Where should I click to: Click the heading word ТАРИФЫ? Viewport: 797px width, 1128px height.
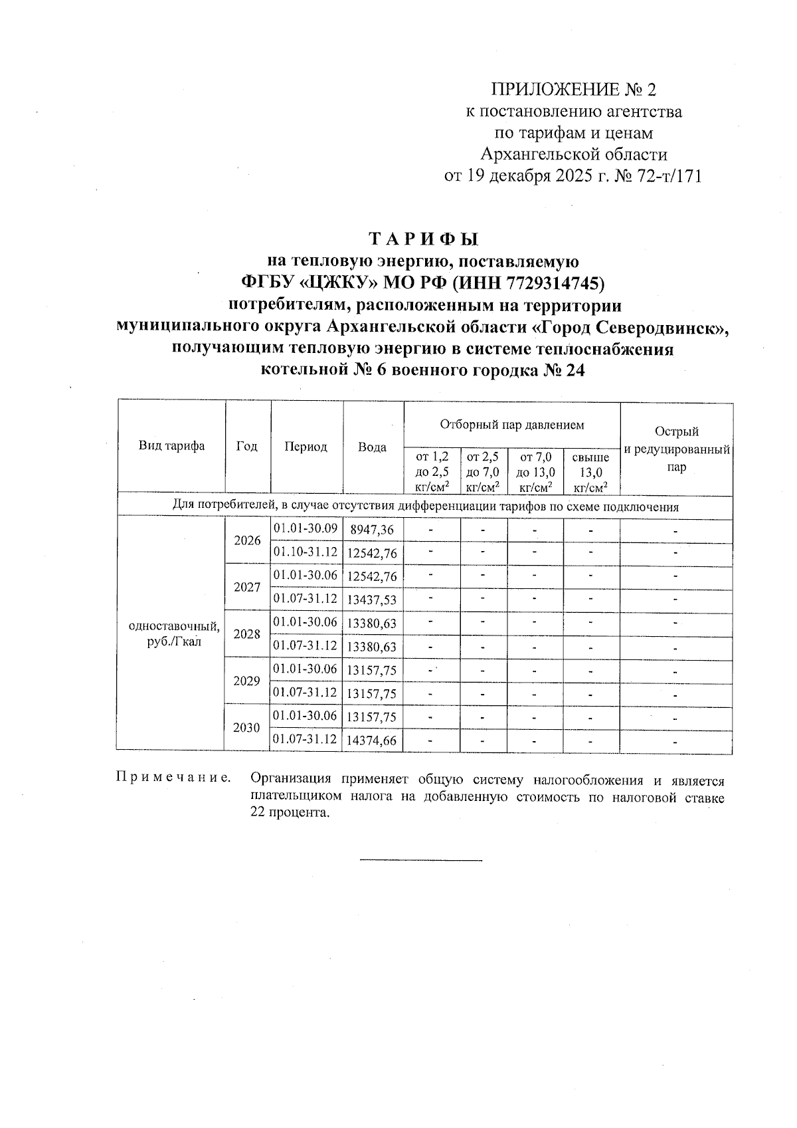pyautogui.click(x=423, y=239)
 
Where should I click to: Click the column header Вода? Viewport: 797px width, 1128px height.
pyautogui.click(x=372, y=447)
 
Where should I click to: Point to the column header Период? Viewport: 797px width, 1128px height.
pyautogui.click(x=306, y=447)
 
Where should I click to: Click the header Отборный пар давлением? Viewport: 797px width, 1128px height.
pyautogui.click(x=511, y=424)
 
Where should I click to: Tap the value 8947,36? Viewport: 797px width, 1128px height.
pyautogui.click(x=372, y=530)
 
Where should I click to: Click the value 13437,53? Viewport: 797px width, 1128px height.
pyautogui.click(x=372, y=600)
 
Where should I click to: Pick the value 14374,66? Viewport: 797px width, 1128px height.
pyautogui.click(x=372, y=740)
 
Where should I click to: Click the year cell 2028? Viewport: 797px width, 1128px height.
pyautogui.click(x=247, y=633)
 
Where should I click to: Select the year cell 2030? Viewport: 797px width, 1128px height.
pyautogui.click(x=247, y=727)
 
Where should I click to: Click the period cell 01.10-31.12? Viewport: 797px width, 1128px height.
pyautogui.click(x=306, y=552)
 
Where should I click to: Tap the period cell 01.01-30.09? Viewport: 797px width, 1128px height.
pyautogui.click(x=306, y=529)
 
